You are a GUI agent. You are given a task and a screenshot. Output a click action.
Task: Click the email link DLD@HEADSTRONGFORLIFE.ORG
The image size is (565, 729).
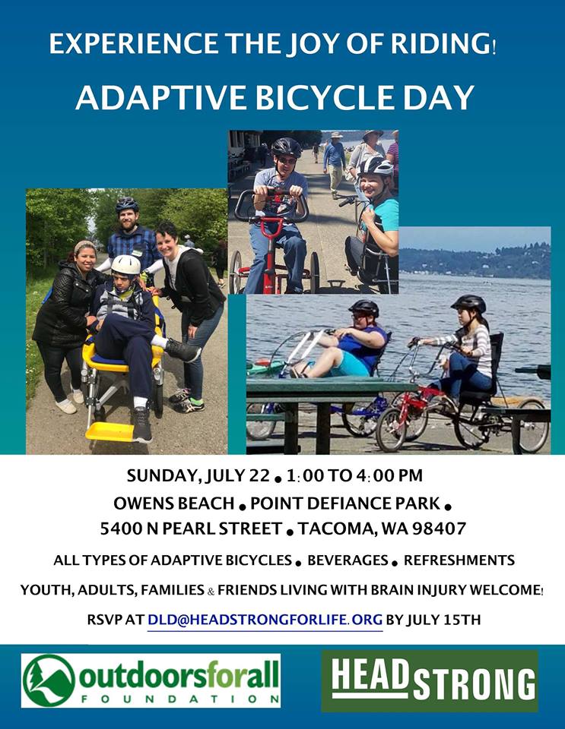point(265,620)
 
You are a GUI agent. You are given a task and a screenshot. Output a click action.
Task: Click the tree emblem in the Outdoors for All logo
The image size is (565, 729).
point(49,680)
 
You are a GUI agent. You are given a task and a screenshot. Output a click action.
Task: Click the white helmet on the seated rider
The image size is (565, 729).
point(125,265)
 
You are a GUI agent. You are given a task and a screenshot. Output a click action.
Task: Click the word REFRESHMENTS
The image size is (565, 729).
point(459,560)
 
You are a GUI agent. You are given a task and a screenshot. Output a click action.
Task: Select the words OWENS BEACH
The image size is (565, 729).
point(173,503)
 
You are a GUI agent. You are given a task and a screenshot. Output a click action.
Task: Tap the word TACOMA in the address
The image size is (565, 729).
point(337,529)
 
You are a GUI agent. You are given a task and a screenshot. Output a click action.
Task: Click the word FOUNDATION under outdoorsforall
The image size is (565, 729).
point(180,699)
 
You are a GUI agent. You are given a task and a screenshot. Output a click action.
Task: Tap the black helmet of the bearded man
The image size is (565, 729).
point(126,204)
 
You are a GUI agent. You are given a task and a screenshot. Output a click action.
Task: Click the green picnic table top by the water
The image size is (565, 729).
point(331,384)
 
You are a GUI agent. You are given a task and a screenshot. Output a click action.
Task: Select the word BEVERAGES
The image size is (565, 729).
point(348,560)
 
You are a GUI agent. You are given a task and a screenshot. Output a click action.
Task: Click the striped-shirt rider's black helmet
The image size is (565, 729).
point(468,303)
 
